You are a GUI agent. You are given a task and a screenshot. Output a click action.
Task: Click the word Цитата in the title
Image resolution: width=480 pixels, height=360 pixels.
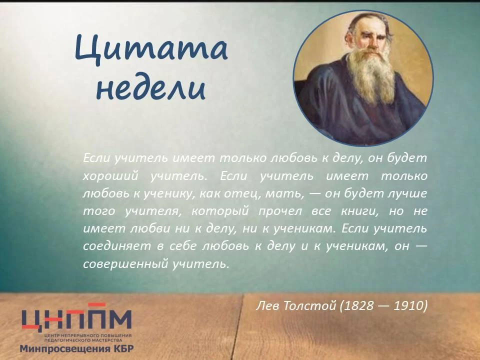[x=151, y=49]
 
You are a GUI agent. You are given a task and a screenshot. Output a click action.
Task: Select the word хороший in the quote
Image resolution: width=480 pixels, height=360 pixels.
[x=110, y=176]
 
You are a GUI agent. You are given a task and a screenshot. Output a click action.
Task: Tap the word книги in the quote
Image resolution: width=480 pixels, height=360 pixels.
[x=359, y=211]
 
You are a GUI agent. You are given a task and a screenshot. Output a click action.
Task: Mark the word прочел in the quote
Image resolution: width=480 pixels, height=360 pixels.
[x=280, y=211]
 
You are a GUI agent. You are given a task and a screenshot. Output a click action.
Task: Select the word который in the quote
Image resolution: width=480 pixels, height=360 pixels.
[x=220, y=211]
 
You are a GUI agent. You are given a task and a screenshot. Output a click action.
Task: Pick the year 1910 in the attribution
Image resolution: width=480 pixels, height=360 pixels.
[x=408, y=305]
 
